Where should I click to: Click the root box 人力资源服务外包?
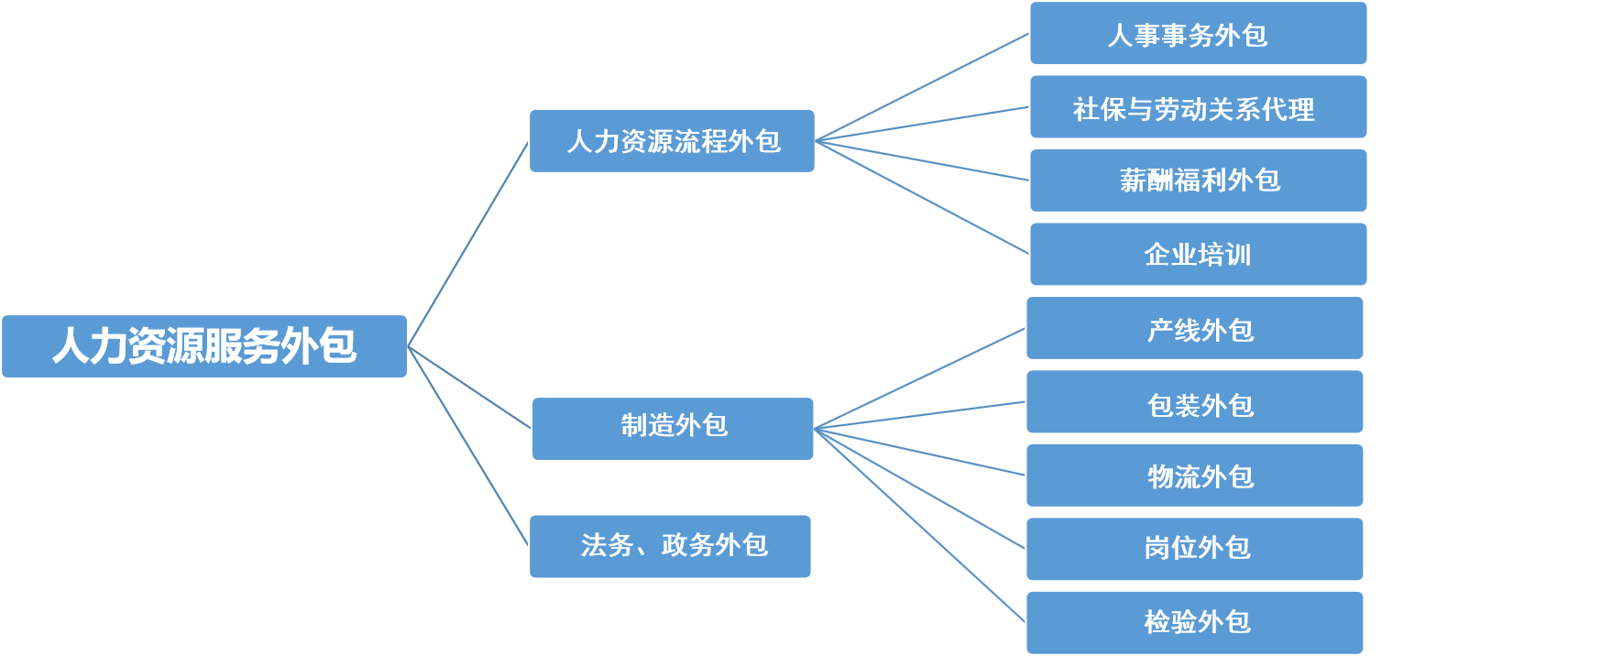[204, 346]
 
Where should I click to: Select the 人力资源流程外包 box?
[672, 141]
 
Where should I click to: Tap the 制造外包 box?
[673, 429]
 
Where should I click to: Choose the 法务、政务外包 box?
[670, 546]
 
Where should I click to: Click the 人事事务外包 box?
[1198, 34]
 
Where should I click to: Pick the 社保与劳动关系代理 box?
[1198, 108]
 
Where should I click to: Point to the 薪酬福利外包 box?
[1198, 180]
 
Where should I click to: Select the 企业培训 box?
[1198, 255]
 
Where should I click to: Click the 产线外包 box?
[1194, 328]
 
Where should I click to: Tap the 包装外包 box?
[1194, 402]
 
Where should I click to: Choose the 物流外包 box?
[1194, 476]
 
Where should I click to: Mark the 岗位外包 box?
[1194, 549]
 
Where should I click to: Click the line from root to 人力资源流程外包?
[468, 244]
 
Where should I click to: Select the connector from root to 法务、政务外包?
[468, 446]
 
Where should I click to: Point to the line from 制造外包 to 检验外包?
[919, 526]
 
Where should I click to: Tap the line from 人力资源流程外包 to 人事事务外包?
[922, 88]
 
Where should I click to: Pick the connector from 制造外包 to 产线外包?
[919, 378]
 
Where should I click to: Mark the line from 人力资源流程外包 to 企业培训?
[922, 197]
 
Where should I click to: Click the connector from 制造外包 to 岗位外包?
[919, 488]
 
